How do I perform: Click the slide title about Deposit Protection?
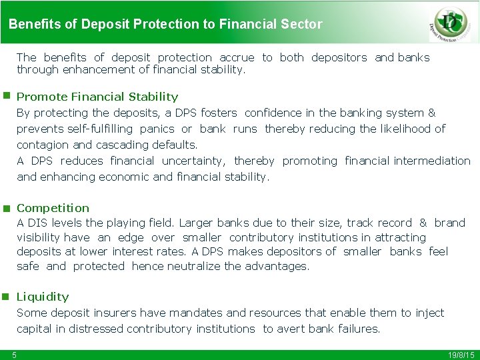click(x=165, y=25)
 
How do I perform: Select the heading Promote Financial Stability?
click(x=97, y=97)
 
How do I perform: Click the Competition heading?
click(x=53, y=208)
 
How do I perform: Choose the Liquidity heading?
click(x=43, y=297)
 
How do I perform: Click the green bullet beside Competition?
click(x=5, y=208)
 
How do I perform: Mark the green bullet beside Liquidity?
click(x=5, y=296)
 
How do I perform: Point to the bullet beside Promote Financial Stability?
click(x=5, y=96)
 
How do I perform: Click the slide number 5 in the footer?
click(x=14, y=355)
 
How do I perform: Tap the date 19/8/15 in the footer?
click(x=461, y=355)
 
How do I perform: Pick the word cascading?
click(x=127, y=145)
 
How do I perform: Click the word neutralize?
click(x=189, y=266)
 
